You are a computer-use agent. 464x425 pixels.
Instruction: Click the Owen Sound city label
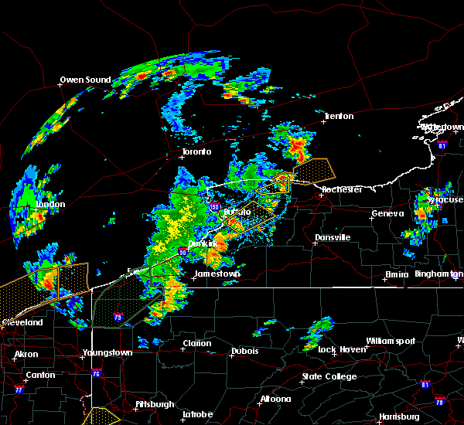pos(86,80)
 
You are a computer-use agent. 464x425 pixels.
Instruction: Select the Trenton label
pos(339,116)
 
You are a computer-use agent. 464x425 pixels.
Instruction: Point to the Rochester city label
pos(342,189)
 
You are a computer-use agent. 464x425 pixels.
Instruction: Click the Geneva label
pos(387,213)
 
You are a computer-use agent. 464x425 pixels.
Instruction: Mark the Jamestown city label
pos(217,274)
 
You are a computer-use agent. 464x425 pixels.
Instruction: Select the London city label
pos(50,205)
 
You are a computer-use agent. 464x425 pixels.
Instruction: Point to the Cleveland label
pos(22,321)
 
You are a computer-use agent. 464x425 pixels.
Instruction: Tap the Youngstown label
pos(107,353)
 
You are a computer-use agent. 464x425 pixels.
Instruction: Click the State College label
pos(329,376)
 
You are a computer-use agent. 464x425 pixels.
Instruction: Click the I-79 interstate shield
pos(118,317)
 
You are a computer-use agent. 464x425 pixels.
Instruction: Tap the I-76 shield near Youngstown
pos(97,374)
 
